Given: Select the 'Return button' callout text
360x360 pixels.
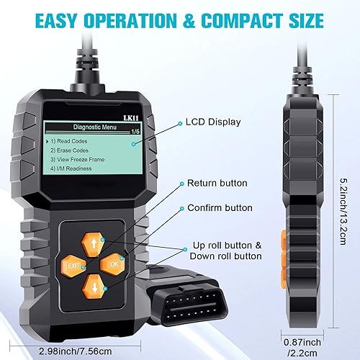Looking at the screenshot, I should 217,184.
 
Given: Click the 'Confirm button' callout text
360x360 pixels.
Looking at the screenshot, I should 220,208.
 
